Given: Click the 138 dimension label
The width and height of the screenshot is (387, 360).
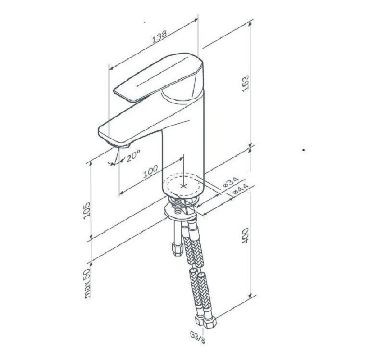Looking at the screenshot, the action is click(x=159, y=36).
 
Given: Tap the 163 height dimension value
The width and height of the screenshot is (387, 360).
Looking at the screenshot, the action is click(x=246, y=84).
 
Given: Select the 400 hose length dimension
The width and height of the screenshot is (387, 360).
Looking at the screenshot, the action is click(x=245, y=236).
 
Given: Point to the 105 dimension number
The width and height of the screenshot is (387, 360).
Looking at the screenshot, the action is click(x=87, y=211).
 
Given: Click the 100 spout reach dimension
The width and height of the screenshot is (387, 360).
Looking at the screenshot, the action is click(x=150, y=171).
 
